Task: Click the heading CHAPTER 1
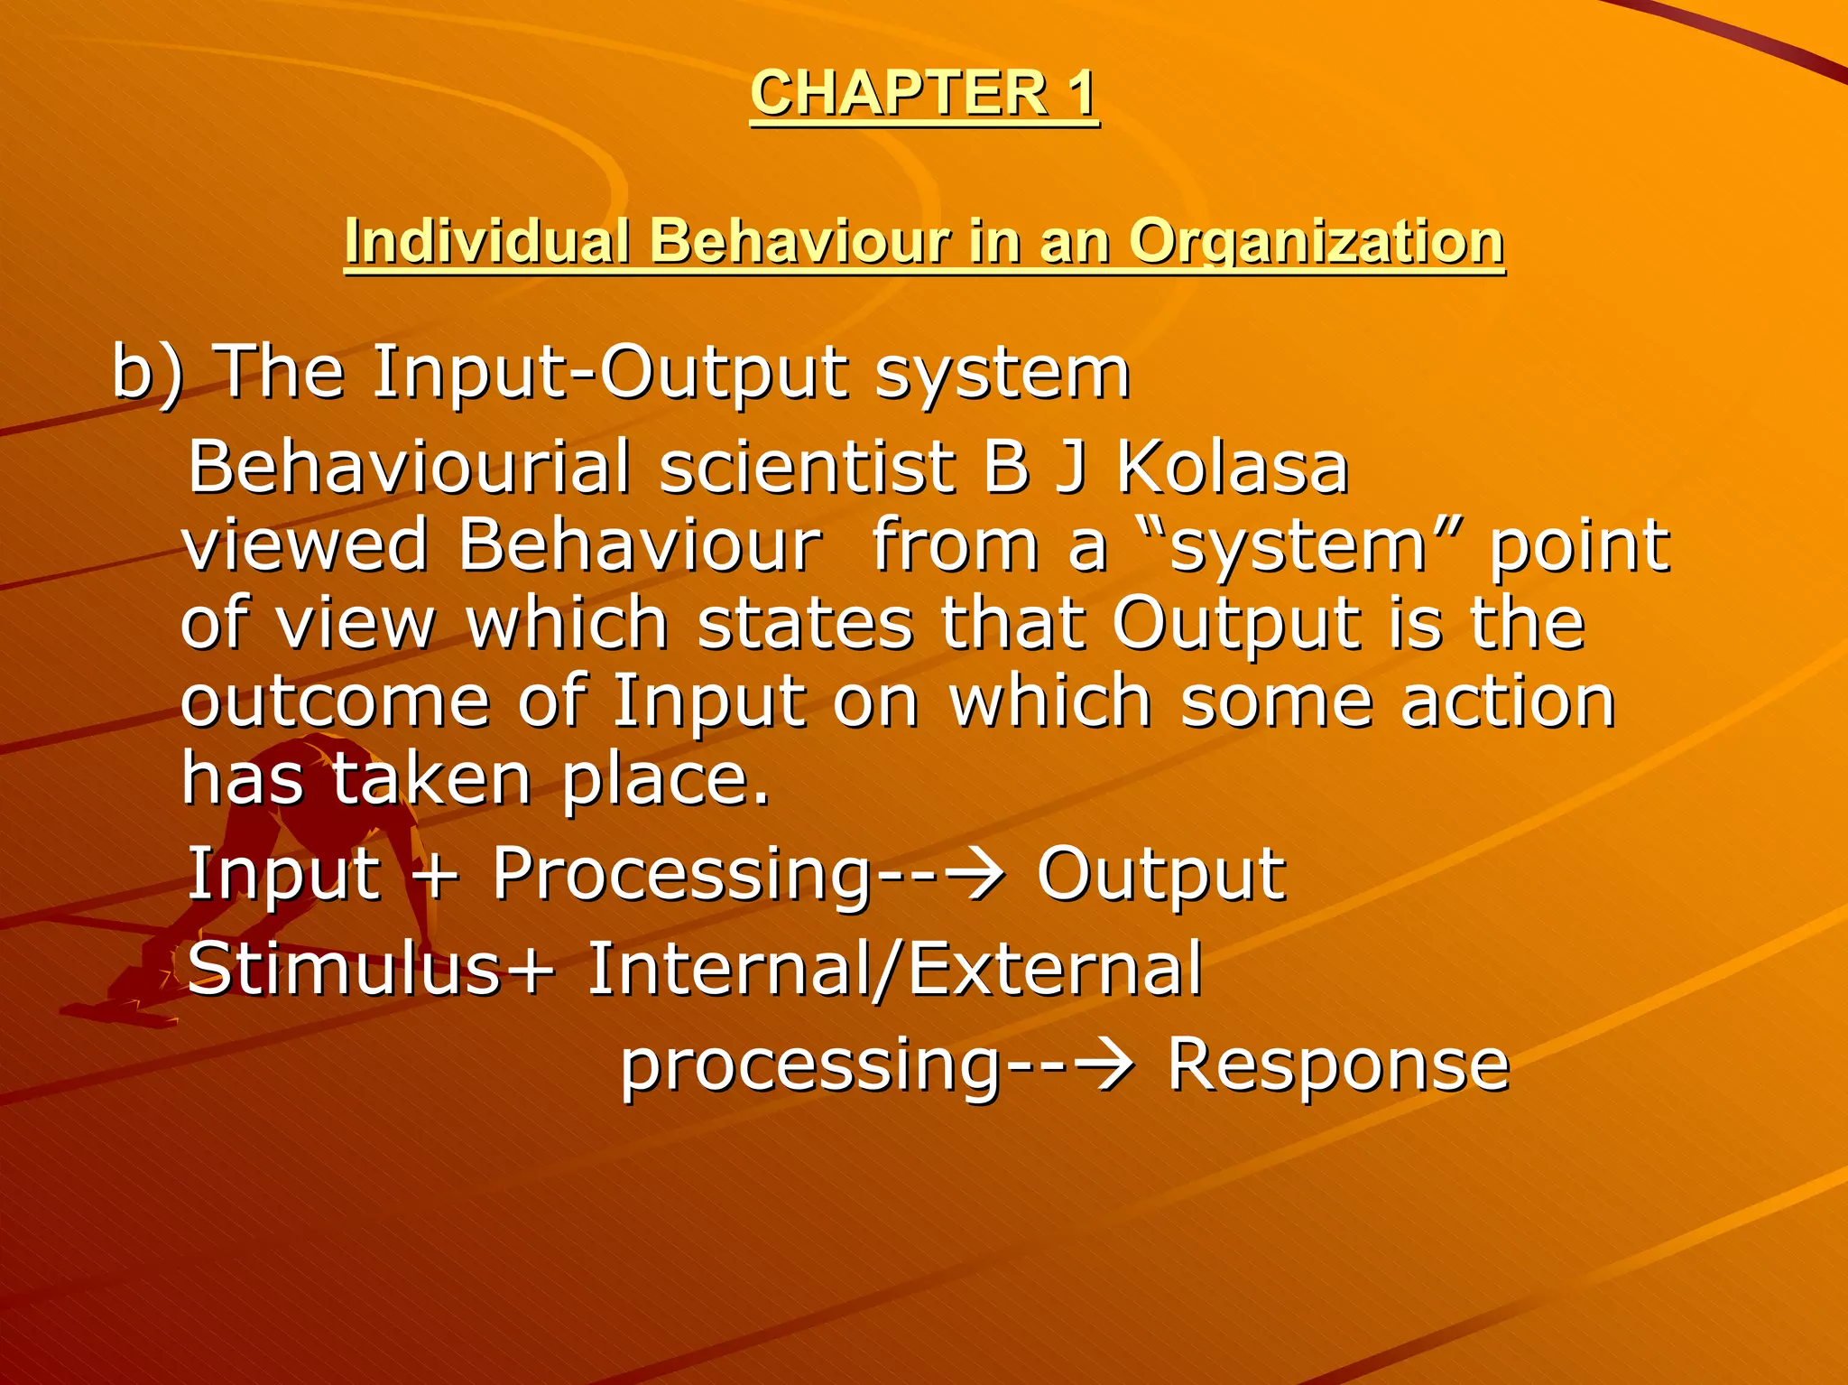point(924,93)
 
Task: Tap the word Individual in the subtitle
point(486,242)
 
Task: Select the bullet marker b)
point(147,373)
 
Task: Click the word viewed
point(305,546)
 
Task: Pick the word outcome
point(335,702)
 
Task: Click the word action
point(1507,702)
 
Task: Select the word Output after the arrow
point(1160,874)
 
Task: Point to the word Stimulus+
point(371,969)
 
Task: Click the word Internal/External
point(893,969)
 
